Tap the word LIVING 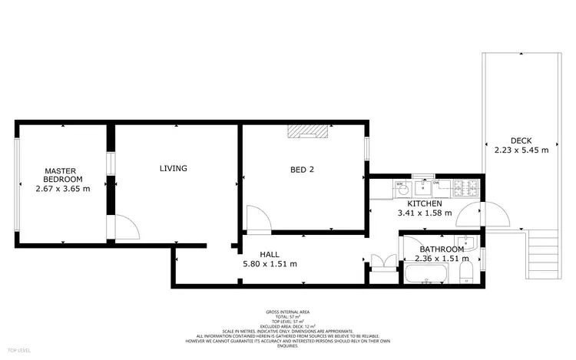(x=174, y=168)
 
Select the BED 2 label (x=302, y=170)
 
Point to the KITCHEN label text (x=424, y=203)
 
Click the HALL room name (x=269, y=254)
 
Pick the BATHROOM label (x=442, y=249)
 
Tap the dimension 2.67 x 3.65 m (x=63, y=188)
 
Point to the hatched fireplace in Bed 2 (x=307, y=132)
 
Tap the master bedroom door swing (x=125, y=227)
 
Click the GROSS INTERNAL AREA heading (x=288, y=312)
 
